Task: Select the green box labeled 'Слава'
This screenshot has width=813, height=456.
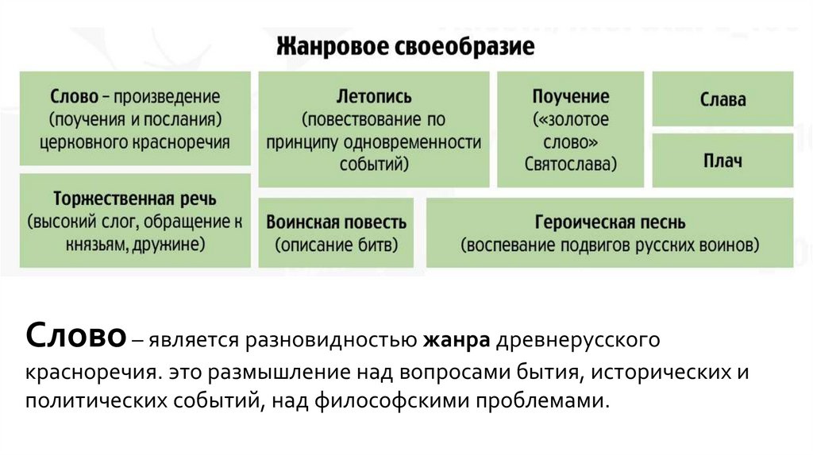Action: coord(722,99)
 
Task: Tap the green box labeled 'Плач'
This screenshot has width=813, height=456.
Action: coord(722,160)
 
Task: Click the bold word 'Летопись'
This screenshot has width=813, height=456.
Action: coord(373,97)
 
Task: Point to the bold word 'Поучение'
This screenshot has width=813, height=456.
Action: coord(571,97)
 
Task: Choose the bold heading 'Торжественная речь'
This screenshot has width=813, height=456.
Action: coord(134,198)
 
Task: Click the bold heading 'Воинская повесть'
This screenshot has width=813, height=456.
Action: coord(337,222)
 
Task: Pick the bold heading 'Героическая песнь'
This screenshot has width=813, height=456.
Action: coord(610,222)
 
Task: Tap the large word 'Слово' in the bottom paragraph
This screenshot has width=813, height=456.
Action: coord(76,336)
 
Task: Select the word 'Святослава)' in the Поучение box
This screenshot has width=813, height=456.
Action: coord(571,164)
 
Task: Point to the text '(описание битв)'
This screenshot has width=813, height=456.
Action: coord(337,245)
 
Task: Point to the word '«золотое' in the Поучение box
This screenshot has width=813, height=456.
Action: coord(571,120)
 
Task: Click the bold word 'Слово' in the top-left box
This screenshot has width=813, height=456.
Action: coord(74,97)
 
